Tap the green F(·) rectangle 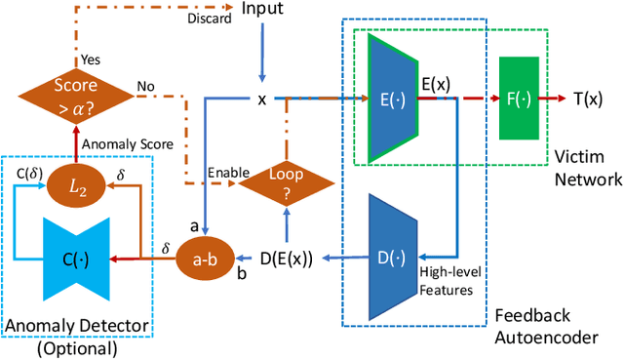pos(518,99)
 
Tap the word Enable pos(225,173)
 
